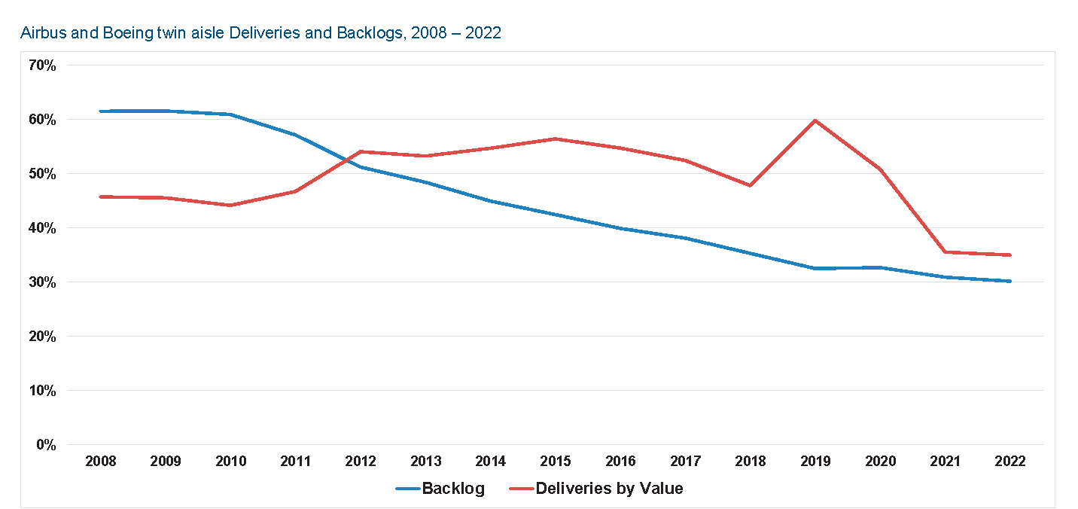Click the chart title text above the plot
click(260, 34)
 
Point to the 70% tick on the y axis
click(42, 66)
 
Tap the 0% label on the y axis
click(46, 445)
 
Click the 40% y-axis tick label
click(42, 228)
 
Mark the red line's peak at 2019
click(815, 120)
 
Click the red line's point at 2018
click(751, 185)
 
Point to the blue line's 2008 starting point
click(101, 111)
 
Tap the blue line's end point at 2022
click(1010, 282)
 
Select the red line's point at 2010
click(230, 206)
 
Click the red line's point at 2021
click(946, 252)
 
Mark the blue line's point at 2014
click(491, 201)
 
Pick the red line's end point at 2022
click(1010, 255)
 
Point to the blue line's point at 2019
click(815, 269)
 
